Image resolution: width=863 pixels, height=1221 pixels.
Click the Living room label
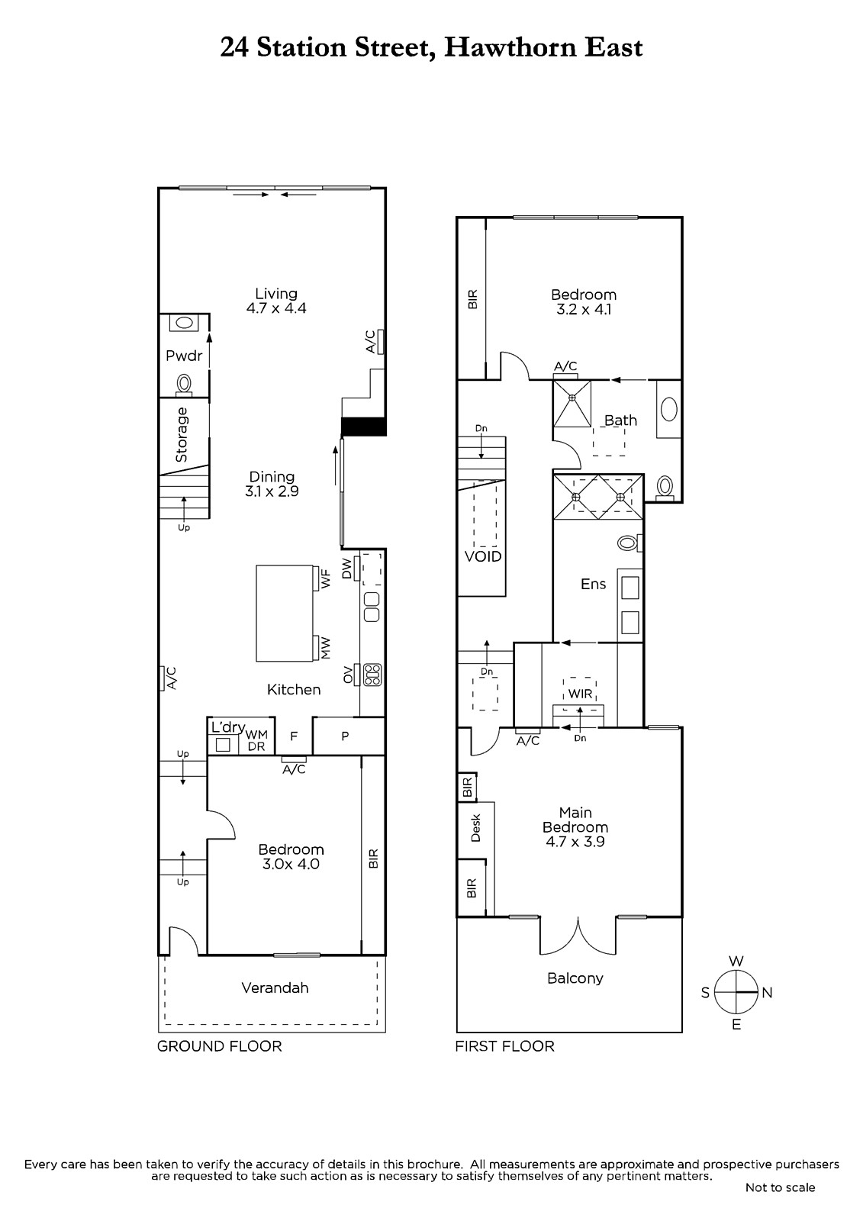[x=276, y=294]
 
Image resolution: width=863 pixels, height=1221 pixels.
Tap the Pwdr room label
[x=184, y=356]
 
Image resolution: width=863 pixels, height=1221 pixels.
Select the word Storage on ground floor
[x=182, y=435]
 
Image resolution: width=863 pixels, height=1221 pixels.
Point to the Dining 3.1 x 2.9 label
[x=272, y=484]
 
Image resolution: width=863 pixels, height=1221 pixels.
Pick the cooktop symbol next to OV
[x=373, y=675]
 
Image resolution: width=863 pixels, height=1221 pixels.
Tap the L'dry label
[x=228, y=728]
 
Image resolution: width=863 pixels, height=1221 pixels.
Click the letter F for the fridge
[x=294, y=737]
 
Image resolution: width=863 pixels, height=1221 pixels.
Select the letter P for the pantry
[x=345, y=736]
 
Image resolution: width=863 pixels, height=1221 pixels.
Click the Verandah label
[x=275, y=987]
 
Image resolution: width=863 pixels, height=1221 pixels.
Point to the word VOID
[x=483, y=556]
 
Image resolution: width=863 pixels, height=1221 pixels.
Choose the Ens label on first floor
[x=593, y=585]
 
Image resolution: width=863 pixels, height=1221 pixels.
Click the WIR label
[x=580, y=694]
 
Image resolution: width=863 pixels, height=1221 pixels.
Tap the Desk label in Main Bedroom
[x=475, y=828]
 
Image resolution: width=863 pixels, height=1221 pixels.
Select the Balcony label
[x=575, y=978]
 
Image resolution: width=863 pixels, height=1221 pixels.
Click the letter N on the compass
[x=767, y=993]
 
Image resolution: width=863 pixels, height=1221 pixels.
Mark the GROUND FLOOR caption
[x=220, y=1046]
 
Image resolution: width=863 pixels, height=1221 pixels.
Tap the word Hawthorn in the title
[x=509, y=47]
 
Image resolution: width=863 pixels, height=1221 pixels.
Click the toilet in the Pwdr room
[x=184, y=385]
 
